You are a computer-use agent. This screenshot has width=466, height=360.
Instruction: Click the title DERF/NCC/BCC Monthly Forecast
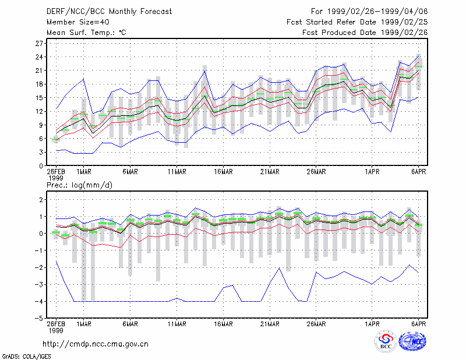(109, 12)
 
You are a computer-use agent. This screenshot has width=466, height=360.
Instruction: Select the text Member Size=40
(78, 22)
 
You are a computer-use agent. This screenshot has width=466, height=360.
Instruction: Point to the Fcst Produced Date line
(365, 33)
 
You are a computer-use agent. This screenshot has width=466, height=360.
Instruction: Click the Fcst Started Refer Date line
(357, 22)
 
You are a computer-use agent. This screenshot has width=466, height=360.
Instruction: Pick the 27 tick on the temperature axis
(39, 44)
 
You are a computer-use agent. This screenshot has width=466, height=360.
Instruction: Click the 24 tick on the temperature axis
(39, 57)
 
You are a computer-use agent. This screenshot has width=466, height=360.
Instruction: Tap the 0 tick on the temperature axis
(41, 166)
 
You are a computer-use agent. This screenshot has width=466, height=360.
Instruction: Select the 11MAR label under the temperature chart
(177, 172)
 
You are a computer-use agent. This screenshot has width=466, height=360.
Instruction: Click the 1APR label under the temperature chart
(372, 172)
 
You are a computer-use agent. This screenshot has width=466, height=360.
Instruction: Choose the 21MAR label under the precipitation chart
(270, 324)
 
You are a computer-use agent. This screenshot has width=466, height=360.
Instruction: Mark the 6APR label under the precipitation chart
(418, 324)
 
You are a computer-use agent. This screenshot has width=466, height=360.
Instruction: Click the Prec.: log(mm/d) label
(79, 185)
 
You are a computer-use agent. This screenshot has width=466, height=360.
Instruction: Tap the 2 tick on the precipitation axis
(41, 199)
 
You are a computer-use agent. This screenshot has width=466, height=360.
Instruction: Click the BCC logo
(386, 341)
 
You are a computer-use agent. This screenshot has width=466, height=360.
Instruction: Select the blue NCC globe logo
(412, 341)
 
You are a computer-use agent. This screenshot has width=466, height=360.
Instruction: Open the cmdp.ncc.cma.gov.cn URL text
(96, 344)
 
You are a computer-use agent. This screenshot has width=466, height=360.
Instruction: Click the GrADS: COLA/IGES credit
(26, 357)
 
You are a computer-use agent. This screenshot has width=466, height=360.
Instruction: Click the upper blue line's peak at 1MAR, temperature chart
(84, 79)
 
